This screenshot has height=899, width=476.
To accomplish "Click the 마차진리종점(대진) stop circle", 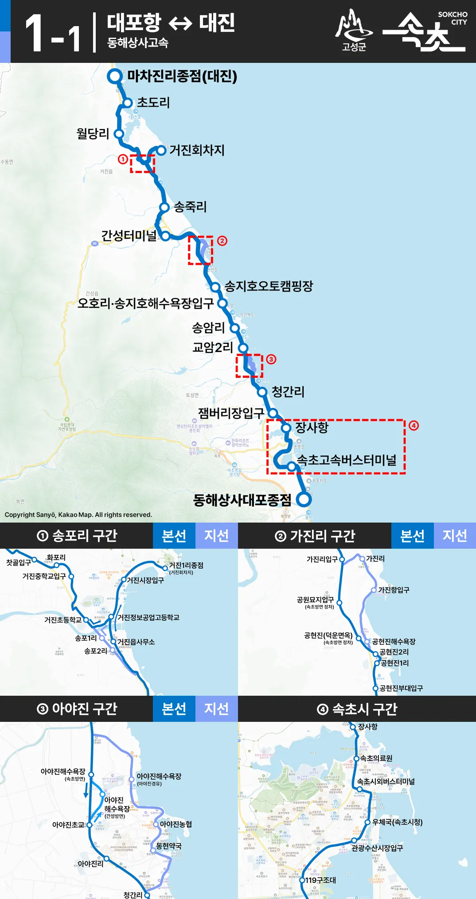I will click(x=115, y=76).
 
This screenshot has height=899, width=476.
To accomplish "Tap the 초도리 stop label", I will click(x=153, y=103).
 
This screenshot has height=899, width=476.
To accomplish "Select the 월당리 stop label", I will click(x=93, y=133).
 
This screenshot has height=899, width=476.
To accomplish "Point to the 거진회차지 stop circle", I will click(x=161, y=151).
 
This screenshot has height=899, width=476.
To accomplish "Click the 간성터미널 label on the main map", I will click(x=129, y=236).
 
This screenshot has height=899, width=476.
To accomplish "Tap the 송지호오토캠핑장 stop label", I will click(x=269, y=286).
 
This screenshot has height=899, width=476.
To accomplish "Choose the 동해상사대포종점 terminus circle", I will click(x=304, y=500).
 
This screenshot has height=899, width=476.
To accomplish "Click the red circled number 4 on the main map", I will click(x=414, y=426).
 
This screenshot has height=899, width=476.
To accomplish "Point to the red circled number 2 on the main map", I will click(x=222, y=240).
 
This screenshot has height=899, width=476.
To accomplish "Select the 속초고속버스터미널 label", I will click(x=347, y=460).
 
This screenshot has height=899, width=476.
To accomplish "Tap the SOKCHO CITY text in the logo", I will click(x=453, y=18).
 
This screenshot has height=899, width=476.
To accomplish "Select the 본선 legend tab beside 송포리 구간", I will click(x=174, y=536).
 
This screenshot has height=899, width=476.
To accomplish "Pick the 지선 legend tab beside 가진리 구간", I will click(x=455, y=536).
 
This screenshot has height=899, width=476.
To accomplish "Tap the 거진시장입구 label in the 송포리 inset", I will click(x=145, y=580).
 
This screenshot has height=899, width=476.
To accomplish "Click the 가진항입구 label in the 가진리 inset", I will click(x=394, y=590).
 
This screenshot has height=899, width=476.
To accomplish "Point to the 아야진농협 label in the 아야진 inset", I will click(x=176, y=824).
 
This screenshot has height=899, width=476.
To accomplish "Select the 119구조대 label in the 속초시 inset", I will click(x=320, y=880).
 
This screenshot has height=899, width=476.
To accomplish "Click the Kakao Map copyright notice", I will click(x=78, y=515).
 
